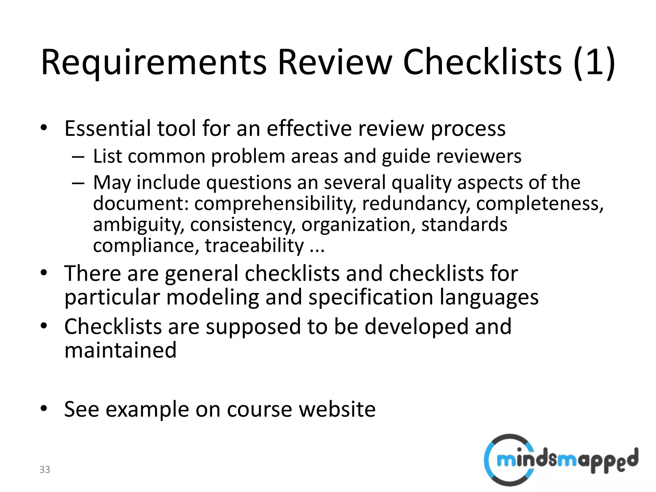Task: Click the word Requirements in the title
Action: pyautogui.click(x=154, y=62)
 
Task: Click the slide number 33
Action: pyautogui.click(x=45, y=470)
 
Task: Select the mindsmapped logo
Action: pyautogui.click(x=561, y=460)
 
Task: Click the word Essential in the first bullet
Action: pyautogui.click(x=108, y=129)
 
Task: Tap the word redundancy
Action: pyautogui.click(x=416, y=204)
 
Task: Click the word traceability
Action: pyautogui.click(x=254, y=246)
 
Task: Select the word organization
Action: pyautogui.click(x=356, y=225)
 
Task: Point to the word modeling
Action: pyautogui.click(x=212, y=297)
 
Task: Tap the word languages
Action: pyautogui.click(x=489, y=297)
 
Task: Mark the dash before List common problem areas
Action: pyautogui.click(x=78, y=157)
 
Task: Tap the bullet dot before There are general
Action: pyautogui.click(x=44, y=273)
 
